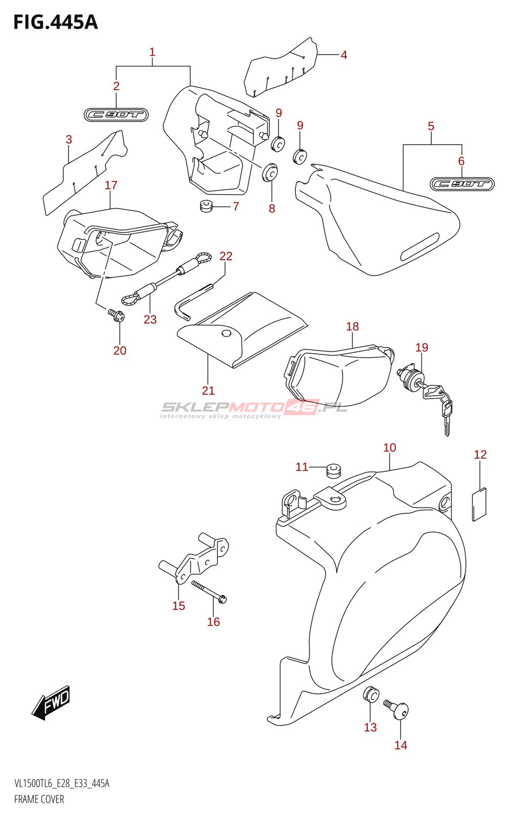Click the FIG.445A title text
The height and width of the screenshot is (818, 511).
55,22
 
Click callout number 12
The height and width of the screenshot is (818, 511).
480,455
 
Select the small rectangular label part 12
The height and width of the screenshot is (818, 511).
479,505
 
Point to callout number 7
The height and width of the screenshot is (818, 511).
236,207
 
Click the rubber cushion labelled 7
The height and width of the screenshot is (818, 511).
206,207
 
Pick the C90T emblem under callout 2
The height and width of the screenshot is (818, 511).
116,115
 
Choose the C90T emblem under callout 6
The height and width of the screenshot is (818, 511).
462,184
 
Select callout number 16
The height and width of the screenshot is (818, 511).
214,622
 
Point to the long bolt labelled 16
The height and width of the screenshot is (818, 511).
209,591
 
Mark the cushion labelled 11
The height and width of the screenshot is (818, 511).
333,469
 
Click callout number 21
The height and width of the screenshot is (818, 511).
208,391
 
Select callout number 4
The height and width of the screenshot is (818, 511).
344,55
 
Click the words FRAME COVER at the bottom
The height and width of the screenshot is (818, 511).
39,799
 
